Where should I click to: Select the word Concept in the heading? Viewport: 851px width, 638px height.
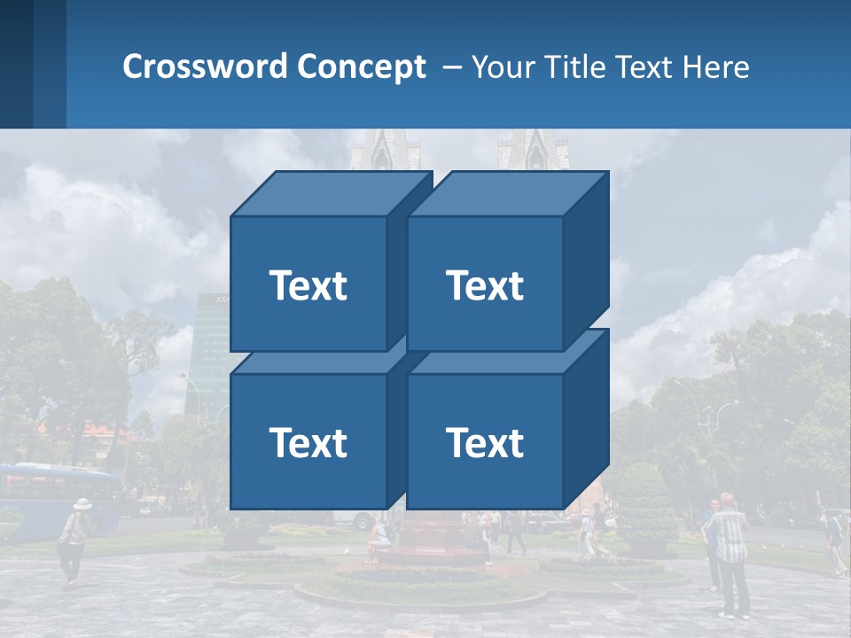[x=362, y=66]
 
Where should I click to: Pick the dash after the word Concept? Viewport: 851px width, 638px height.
[x=450, y=67]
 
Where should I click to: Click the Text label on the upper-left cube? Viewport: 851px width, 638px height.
[x=308, y=285]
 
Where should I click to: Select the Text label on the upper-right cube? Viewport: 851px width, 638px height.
[x=485, y=285]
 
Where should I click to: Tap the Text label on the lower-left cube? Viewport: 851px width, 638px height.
[x=308, y=442]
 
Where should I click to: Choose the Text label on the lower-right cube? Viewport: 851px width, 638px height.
[x=485, y=442]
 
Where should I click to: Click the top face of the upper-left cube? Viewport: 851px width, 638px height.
[x=331, y=194]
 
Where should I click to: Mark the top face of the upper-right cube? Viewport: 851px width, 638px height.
[x=507, y=194]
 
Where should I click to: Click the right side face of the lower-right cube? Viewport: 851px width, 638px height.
[x=586, y=424]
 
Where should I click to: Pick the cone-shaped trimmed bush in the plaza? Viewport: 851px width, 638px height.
[x=644, y=504]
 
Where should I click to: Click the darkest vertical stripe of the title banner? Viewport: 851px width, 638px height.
[x=16, y=64]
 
